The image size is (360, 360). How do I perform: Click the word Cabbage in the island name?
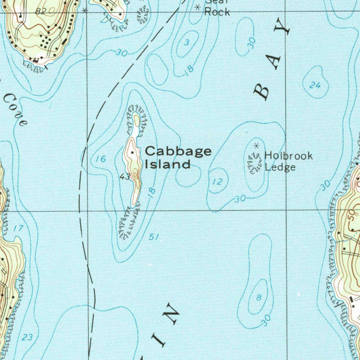tap(178, 152)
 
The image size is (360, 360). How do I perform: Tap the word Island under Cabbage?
tap(167, 164)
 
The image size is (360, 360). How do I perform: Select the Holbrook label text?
tap(288, 155)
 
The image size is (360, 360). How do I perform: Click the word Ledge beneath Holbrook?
tap(280, 167)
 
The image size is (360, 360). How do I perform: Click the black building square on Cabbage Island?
tap(132, 153)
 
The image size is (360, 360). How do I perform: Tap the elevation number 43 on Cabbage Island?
tap(125, 176)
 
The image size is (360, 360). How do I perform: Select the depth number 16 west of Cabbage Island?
tap(101, 159)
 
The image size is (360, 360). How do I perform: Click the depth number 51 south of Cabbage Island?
tap(153, 237)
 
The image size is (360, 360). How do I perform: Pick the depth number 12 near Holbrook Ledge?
tap(218, 182)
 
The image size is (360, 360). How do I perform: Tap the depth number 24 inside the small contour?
tap(315, 85)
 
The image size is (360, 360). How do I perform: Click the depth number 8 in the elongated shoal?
tap(259, 298)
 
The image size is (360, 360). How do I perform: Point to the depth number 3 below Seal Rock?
tap(187, 43)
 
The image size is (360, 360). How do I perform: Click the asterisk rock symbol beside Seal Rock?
tap(198, 7)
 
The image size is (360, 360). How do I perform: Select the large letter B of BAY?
tap(262, 92)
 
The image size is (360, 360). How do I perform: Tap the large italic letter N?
tap(172, 312)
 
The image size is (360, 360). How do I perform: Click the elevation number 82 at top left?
tap(41, 11)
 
